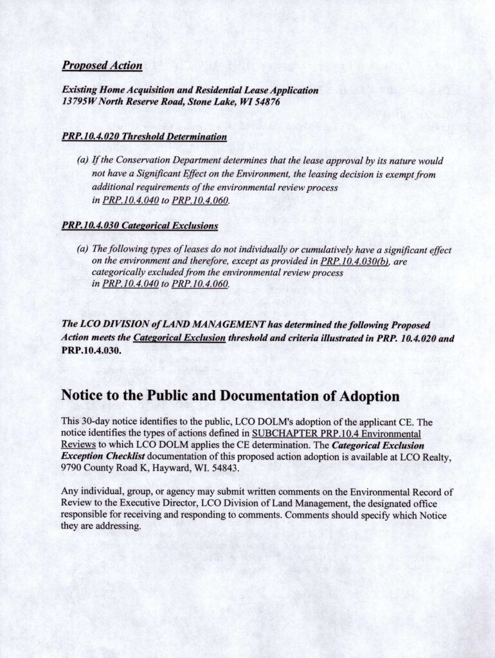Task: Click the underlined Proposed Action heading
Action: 102,66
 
